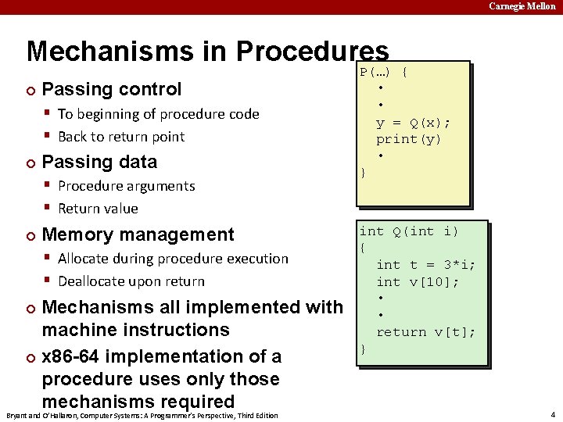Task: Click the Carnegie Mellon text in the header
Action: click(522, 6)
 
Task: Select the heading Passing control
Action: click(111, 89)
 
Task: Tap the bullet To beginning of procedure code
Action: click(158, 114)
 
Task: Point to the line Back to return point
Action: click(121, 137)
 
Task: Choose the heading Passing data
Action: click(99, 162)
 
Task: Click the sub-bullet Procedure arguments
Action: click(126, 186)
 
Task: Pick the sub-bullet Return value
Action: click(98, 209)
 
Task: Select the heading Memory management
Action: click(138, 234)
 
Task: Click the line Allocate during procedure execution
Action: click(173, 259)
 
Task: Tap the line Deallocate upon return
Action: click(131, 281)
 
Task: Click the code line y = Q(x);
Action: click(413, 123)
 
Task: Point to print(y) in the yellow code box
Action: click(408, 139)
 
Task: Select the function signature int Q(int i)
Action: click(408, 231)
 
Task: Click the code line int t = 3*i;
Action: click(425, 265)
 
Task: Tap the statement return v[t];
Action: click(425, 332)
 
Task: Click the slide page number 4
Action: click(552, 414)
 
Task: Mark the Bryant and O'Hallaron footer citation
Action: click(142, 415)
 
